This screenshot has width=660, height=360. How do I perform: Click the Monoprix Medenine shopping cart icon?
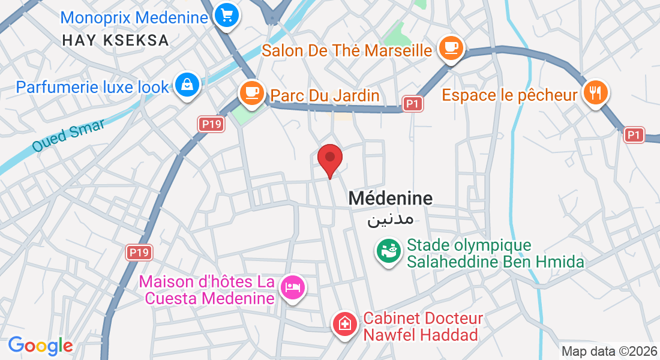click(x=226, y=15)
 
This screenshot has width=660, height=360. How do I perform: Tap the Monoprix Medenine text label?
click(x=134, y=17)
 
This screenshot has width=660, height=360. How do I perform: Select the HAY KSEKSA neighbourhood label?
click(x=116, y=40)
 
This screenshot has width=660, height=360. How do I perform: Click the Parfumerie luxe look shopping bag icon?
click(x=188, y=85)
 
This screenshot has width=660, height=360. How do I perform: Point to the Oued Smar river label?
click(x=68, y=136)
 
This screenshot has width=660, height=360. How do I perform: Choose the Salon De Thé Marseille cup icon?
click(x=451, y=47)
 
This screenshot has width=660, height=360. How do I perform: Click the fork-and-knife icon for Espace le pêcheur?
click(x=595, y=92)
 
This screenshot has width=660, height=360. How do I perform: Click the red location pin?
click(x=329, y=159)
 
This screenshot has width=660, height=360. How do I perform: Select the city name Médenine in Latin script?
click(x=391, y=198)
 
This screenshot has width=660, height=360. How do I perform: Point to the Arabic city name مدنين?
click(x=391, y=218)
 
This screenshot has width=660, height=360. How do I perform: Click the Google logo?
click(x=40, y=346)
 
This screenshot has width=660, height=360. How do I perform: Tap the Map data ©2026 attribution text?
click(x=608, y=351)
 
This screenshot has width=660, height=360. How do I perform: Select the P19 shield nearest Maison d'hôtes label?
click(x=139, y=252)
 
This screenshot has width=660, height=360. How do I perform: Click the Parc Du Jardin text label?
click(x=325, y=95)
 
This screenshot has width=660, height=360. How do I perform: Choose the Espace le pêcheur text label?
click(x=509, y=95)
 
